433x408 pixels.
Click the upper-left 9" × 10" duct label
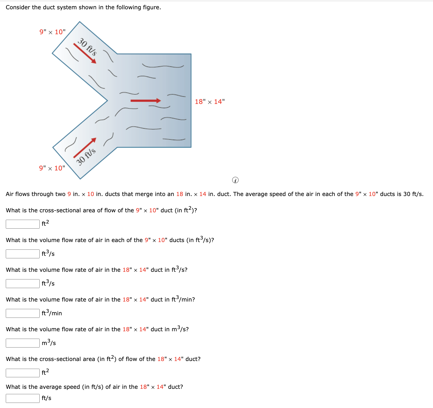(x=52, y=32)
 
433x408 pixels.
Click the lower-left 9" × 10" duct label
(x=52, y=168)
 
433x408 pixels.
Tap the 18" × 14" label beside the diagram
(x=210, y=102)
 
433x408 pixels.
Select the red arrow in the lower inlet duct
(x=85, y=148)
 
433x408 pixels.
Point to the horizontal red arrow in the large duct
(x=146, y=101)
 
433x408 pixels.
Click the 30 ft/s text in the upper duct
(x=87, y=47)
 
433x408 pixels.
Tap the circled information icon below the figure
(x=235, y=180)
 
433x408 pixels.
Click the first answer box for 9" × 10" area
(x=23, y=224)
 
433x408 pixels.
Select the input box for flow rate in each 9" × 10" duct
(x=23, y=254)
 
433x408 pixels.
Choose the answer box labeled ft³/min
(x=23, y=313)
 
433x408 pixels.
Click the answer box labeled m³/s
(x=23, y=343)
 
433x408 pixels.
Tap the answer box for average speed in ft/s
(x=23, y=398)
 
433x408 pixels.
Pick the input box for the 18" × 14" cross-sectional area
(x=23, y=373)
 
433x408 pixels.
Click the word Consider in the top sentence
(x=18, y=7)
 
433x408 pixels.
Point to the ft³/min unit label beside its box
(x=52, y=313)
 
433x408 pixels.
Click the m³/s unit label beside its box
(x=49, y=343)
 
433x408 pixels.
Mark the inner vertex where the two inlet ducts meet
(x=107, y=100)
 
